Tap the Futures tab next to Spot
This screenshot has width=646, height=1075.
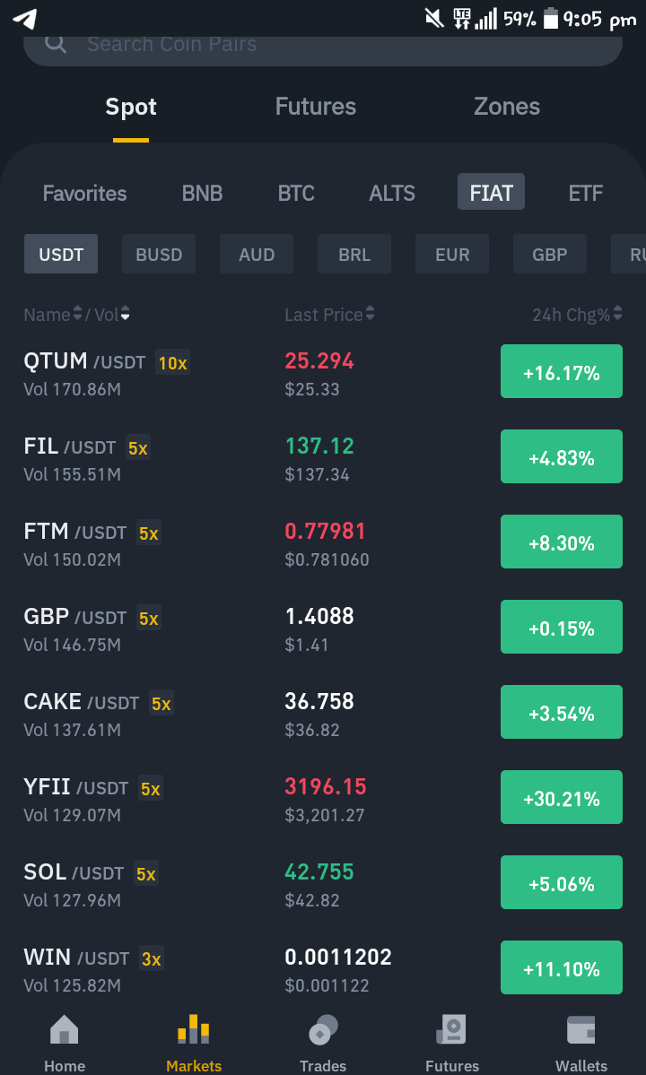(x=316, y=107)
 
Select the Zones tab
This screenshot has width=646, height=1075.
(x=507, y=107)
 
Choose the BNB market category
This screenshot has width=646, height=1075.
(x=202, y=193)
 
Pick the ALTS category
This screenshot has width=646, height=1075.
(x=392, y=193)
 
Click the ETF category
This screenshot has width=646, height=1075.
(x=586, y=193)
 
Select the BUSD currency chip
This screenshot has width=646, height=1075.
(x=159, y=255)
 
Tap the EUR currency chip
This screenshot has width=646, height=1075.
(x=452, y=255)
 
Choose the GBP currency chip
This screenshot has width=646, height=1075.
(x=550, y=255)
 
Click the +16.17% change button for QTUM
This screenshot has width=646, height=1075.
(x=562, y=371)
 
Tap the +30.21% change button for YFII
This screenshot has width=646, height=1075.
(x=562, y=797)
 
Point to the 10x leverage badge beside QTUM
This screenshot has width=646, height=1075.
(x=173, y=362)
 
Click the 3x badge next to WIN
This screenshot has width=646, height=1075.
(x=152, y=958)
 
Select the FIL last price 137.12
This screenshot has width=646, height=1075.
(x=319, y=446)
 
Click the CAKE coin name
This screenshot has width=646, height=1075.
(x=53, y=701)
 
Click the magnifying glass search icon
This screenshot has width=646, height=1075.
(x=57, y=44)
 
